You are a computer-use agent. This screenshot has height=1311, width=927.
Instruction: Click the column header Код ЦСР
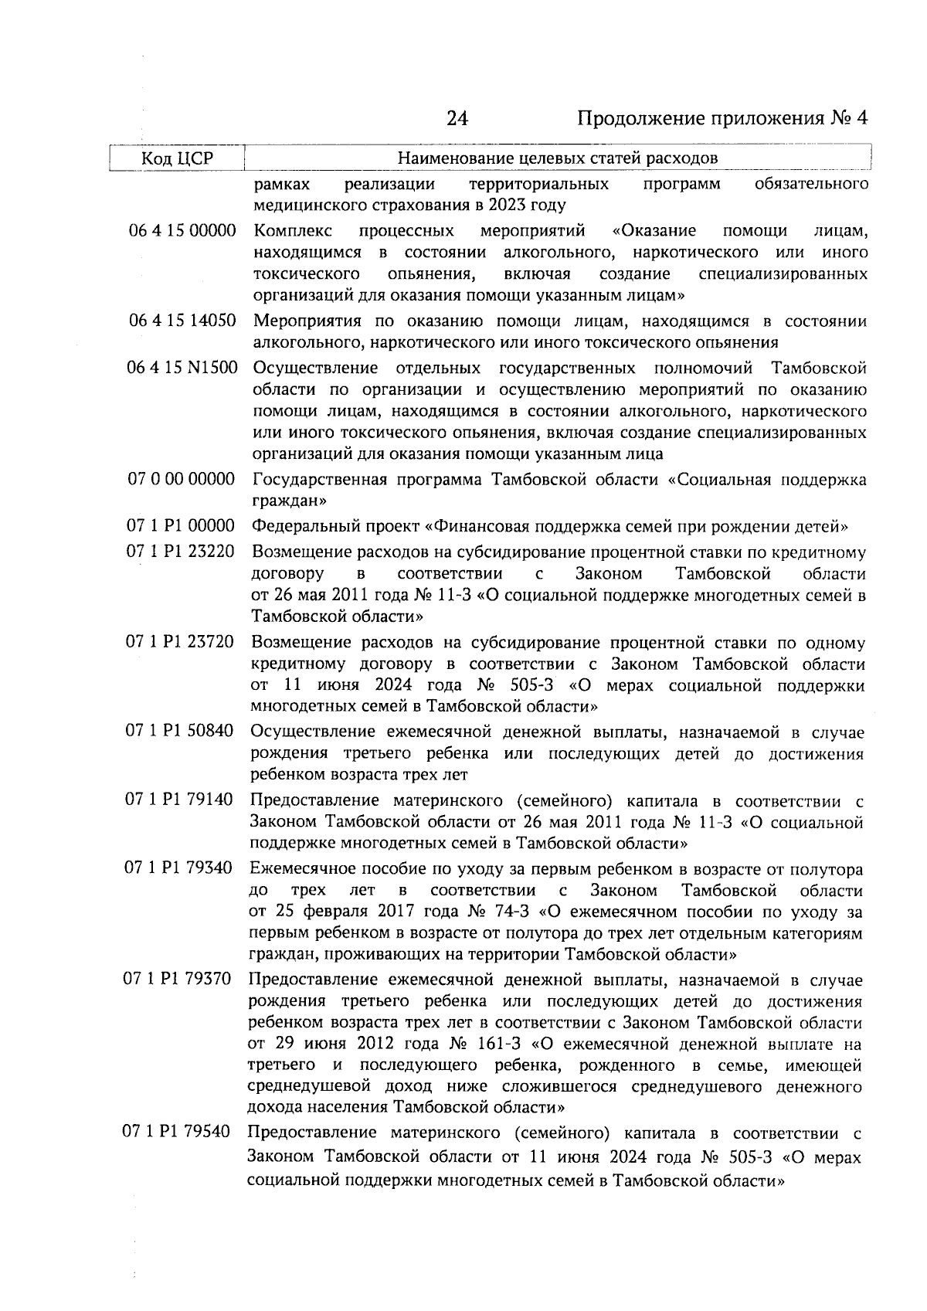pos(177,158)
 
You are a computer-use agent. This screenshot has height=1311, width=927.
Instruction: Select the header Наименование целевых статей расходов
pos(557,158)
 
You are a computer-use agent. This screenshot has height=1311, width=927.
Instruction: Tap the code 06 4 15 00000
pos(182,230)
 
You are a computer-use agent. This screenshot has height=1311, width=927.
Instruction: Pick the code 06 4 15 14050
pos(182,321)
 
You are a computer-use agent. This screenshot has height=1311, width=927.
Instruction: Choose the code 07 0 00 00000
pos(182,480)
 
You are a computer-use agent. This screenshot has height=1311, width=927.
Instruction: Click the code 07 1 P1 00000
pos(181,527)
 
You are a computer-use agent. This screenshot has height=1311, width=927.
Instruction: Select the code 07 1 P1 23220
pos(181,552)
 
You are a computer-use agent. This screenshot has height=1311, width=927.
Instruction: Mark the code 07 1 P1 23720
pos(181,642)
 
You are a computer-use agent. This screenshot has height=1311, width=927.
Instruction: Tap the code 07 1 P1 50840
pos(180,731)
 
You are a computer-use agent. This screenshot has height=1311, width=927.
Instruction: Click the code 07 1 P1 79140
pos(179,800)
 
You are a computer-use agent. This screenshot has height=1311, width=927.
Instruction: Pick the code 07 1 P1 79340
pos(178,869)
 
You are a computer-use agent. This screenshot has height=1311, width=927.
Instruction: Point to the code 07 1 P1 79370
pos(178,980)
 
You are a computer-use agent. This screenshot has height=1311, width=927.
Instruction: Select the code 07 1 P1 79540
pos(177,1133)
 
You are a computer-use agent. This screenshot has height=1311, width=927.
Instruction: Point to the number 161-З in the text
pos(495,1045)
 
